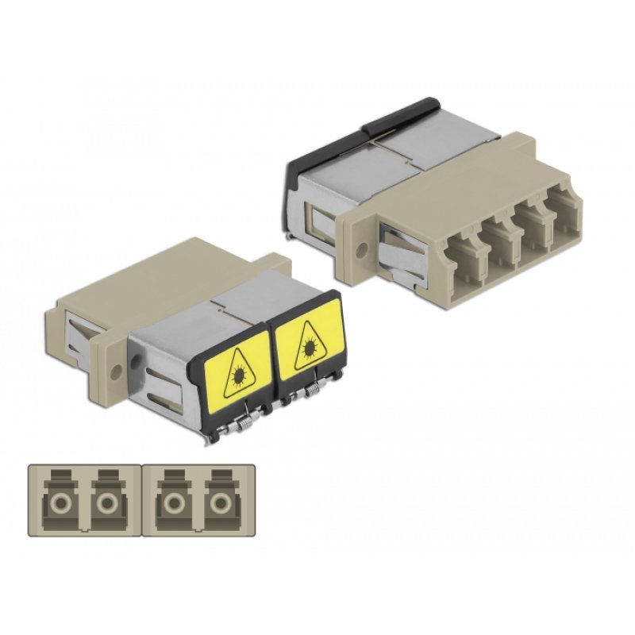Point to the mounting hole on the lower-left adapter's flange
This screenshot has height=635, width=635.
pos(117,370)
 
